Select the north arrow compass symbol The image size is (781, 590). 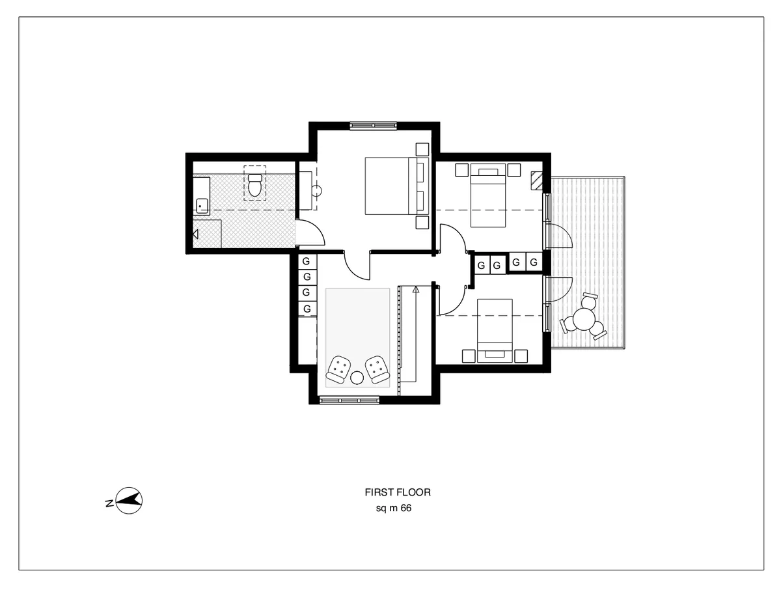[x=130, y=501]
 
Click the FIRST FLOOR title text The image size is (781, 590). [x=398, y=493]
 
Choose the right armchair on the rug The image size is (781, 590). [x=376, y=369]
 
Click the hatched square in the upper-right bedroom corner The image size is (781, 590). [x=536, y=179]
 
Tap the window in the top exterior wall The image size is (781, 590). [x=373, y=126]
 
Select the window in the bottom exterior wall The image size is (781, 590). [x=349, y=400]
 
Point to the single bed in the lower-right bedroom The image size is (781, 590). [x=495, y=330]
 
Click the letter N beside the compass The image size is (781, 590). [x=108, y=503]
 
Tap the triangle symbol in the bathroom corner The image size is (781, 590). [x=195, y=233]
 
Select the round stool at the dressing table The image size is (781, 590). [x=318, y=191]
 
